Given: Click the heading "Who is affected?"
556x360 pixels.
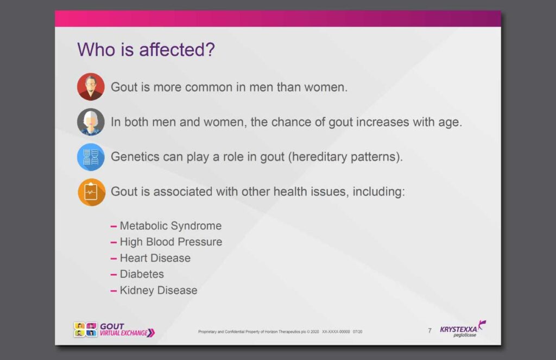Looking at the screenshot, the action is (146, 49).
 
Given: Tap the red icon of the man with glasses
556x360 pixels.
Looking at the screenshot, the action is (91, 87).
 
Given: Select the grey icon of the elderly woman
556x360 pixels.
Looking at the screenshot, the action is (91, 122).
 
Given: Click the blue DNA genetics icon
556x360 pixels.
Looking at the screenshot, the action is (91, 157).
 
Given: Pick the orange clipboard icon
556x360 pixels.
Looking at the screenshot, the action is (91, 192).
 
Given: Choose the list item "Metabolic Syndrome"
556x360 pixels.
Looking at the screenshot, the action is (170, 226).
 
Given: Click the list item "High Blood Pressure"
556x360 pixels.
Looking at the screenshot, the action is (171, 242).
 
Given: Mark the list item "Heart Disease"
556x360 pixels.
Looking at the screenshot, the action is (155, 258).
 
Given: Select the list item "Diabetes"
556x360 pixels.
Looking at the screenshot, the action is (142, 274).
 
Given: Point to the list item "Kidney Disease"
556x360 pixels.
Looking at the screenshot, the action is (159, 290).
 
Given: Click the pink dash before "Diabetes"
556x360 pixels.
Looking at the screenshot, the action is (113, 275).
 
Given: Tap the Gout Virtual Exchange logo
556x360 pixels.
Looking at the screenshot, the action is (114, 330).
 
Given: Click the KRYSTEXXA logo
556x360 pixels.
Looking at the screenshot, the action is (463, 329).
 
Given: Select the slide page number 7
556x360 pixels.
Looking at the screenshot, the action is (430, 331).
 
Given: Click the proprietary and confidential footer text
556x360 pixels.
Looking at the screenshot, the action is (280, 332).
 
